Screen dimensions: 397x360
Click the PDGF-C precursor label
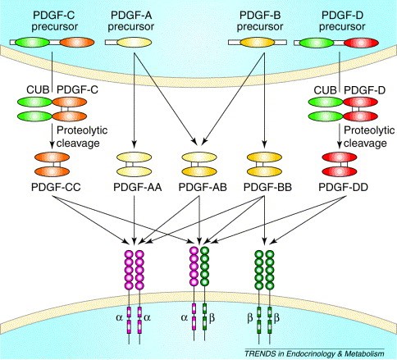tap(54, 21)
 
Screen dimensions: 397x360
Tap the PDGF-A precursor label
tap(131, 21)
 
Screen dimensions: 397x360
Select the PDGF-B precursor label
tap(260, 21)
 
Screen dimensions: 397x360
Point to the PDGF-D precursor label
tap(342, 21)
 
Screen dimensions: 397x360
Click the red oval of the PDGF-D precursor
tap(361, 43)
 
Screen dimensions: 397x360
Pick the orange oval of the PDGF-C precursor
tap(77, 43)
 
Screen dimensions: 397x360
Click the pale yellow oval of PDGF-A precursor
tap(134, 43)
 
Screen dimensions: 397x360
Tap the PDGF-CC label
tap(56, 188)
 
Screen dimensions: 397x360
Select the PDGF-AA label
tap(138, 188)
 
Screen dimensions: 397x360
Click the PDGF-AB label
tap(203, 188)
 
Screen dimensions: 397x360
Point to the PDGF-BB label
tap(267, 188)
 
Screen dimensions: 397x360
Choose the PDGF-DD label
tap(343, 188)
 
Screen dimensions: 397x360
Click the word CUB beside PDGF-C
tap(38, 89)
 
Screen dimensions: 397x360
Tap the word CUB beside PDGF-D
tap(325, 90)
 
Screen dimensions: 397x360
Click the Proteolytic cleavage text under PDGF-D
tap(369, 137)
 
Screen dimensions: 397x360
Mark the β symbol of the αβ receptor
tap(212, 318)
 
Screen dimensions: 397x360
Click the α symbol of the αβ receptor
tap(185, 318)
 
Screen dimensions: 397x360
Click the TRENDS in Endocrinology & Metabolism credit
tap(314, 353)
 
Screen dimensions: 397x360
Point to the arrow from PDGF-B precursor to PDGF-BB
tap(264, 98)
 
